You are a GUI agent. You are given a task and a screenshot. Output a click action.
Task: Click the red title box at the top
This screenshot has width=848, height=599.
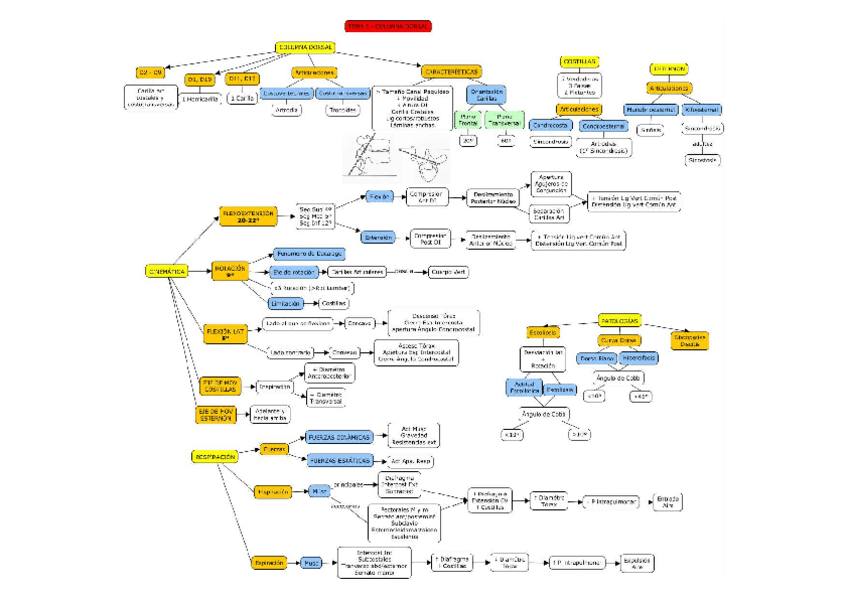pyautogui.click(x=388, y=26)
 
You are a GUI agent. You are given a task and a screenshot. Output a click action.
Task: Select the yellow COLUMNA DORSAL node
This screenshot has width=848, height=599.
pyautogui.click(x=304, y=47)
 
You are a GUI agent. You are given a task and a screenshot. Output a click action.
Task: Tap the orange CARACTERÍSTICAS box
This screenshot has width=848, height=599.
pyautogui.click(x=451, y=72)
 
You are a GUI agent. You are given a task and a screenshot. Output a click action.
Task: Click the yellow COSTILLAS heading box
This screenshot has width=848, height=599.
pyautogui.click(x=579, y=61)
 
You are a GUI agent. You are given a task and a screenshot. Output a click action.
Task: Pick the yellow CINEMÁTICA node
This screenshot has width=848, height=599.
pyautogui.click(x=166, y=271)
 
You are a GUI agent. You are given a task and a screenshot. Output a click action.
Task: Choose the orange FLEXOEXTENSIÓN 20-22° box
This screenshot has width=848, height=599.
pyautogui.click(x=246, y=217)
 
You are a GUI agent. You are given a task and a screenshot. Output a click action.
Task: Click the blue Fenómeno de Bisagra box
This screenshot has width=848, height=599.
pyautogui.click(x=303, y=254)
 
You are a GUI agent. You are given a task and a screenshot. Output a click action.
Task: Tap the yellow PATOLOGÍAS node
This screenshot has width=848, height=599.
pyautogui.click(x=621, y=320)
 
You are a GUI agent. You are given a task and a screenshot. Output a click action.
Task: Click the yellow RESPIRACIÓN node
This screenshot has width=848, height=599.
pyautogui.click(x=214, y=456)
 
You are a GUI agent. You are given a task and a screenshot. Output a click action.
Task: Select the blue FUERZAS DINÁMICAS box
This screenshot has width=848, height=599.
pyautogui.click(x=340, y=437)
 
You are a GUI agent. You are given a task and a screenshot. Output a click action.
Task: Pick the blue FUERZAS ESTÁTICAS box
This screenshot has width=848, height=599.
pyautogui.click(x=339, y=460)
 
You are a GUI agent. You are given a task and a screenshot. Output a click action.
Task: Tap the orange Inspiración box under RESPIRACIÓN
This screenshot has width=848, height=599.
pyautogui.click(x=272, y=491)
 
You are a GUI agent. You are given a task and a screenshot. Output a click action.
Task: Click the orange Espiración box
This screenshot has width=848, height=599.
pyautogui.click(x=269, y=563)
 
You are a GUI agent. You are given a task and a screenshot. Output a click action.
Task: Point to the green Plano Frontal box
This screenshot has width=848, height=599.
pyautogui.click(x=467, y=120)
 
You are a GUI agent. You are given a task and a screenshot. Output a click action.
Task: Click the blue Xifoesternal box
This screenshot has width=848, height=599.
pyautogui.click(x=702, y=109)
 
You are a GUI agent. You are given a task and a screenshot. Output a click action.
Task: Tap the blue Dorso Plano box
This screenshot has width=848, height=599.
pyautogui.click(x=598, y=357)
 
